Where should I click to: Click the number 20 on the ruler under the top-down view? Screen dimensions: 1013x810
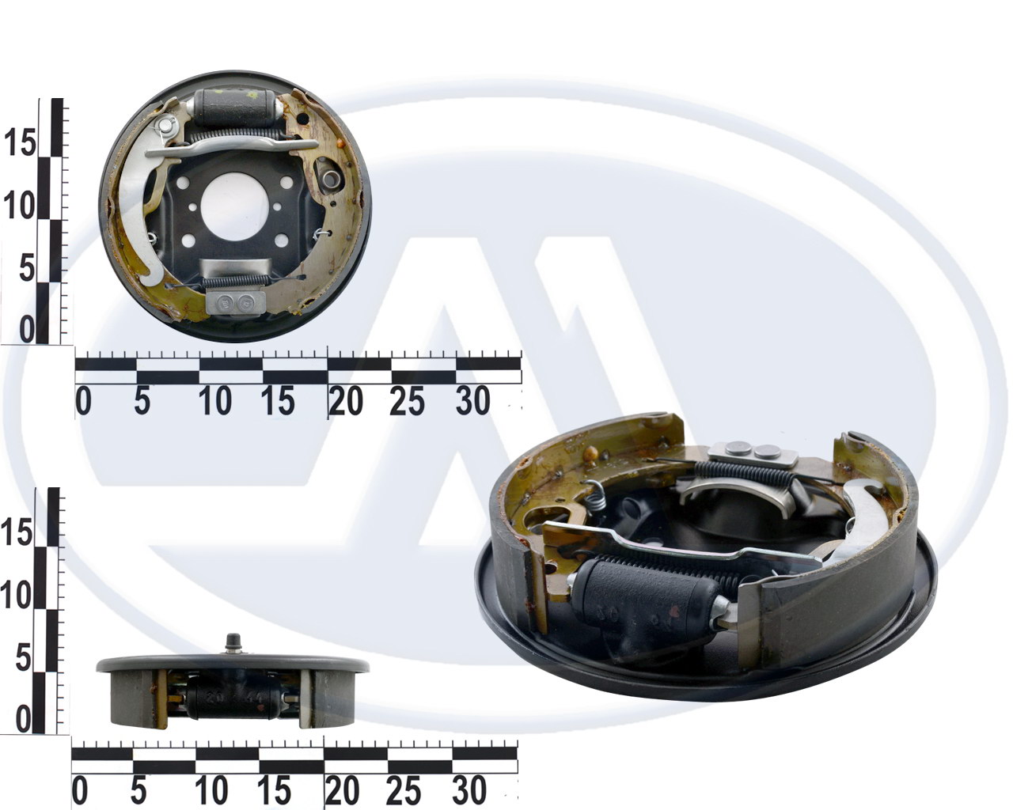346,401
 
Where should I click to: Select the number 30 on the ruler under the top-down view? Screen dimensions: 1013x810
472,401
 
